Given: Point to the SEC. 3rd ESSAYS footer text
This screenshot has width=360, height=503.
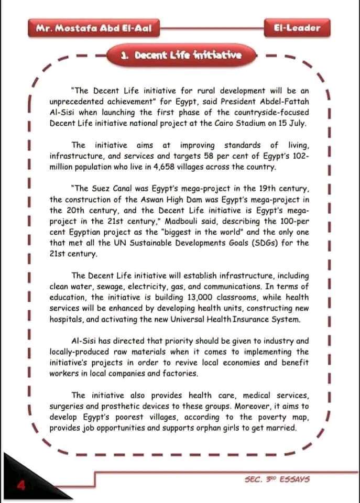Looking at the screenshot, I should click(277, 479).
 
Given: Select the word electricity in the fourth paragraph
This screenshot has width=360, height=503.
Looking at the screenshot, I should click(145, 286).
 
